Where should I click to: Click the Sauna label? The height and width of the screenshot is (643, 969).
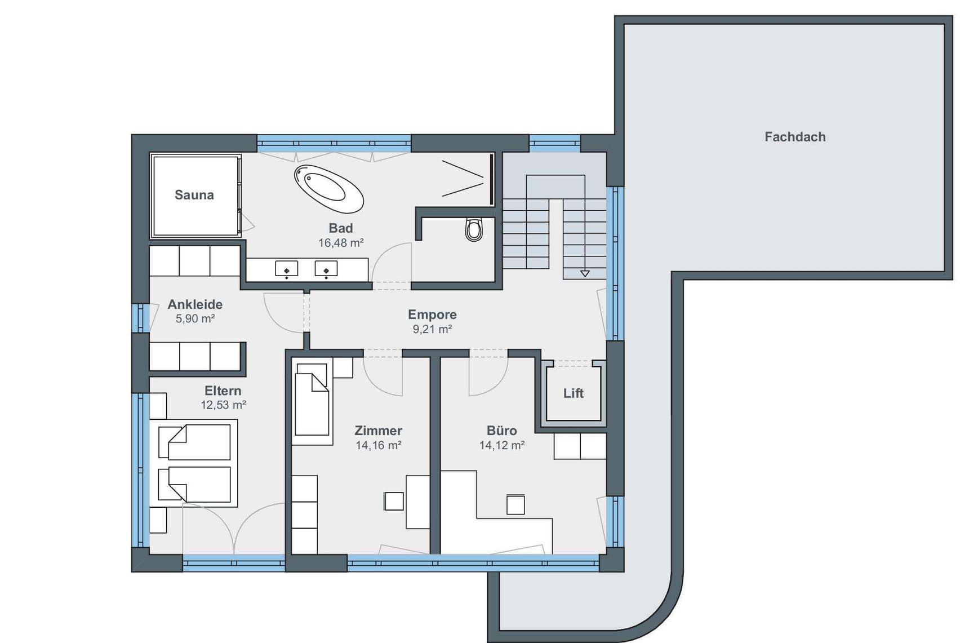pyautogui.click(x=194, y=195)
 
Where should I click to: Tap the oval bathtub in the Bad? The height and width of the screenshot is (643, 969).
pyautogui.click(x=329, y=189)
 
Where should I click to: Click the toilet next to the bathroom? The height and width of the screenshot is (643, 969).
pyautogui.click(x=474, y=229)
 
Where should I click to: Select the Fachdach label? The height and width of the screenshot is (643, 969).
pyautogui.click(x=795, y=137)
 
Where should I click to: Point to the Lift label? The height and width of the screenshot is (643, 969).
pyautogui.click(x=574, y=393)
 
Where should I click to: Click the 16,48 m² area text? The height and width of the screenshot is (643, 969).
pyautogui.click(x=341, y=243)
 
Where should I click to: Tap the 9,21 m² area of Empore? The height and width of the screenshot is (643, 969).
pyautogui.click(x=432, y=329)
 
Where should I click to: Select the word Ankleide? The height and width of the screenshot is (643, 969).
pyautogui.click(x=195, y=304)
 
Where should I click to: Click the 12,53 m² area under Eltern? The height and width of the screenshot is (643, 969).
pyautogui.click(x=223, y=405)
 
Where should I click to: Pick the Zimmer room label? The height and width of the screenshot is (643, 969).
pyautogui.click(x=378, y=431)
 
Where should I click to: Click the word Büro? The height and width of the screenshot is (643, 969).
pyautogui.click(x=501, y=431)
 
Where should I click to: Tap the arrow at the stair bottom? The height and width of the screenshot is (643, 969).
pyautogui.click(x=585, y=273)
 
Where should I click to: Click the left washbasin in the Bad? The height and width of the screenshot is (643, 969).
pyautogui.click(x=286, y=269)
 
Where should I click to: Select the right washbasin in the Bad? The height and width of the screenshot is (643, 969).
pyautogui.click(x=326, y=269)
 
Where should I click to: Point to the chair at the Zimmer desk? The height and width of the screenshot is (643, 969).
pyautogui.click(x=394, y=501)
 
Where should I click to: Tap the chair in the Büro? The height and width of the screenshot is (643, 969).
pyautogui.click(x=515, y=504)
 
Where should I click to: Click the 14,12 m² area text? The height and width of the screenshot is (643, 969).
pyautogui.click(x=502, y=445)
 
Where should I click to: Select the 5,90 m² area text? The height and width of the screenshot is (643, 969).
pyautogui.click(x=195, y=319)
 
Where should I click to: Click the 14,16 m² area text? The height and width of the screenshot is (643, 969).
pyautogui.click(x=378, y=445)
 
